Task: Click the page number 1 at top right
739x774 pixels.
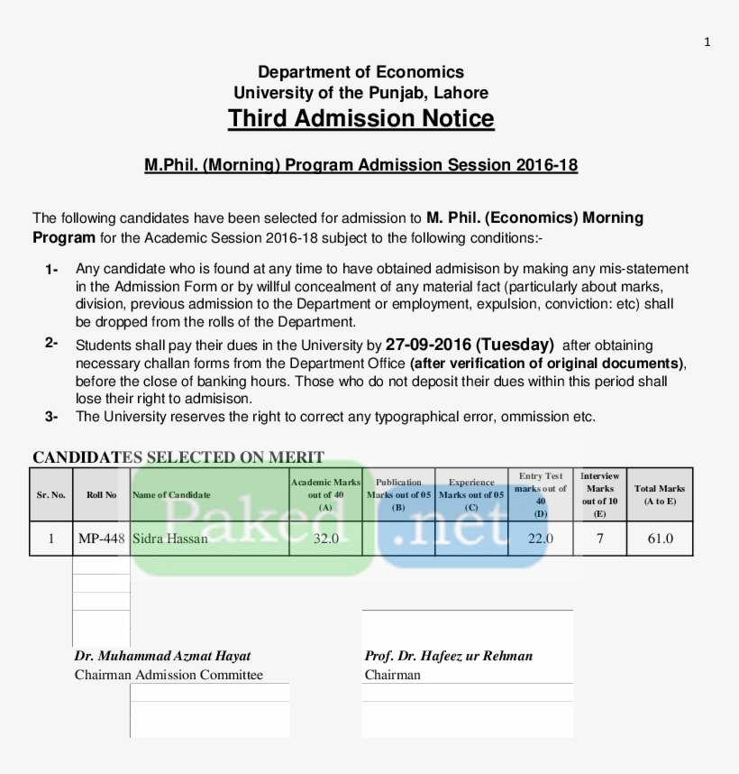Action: tap(707, 41)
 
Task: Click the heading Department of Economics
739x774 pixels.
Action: tap(360, 72)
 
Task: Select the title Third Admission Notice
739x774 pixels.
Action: tap(360, 119)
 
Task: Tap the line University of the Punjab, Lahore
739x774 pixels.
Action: tap(360, 93)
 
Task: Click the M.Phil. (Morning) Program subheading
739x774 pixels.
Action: tap(360, 165)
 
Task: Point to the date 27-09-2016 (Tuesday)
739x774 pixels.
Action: tap(469, 345)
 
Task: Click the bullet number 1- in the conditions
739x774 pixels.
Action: tap(52, 270)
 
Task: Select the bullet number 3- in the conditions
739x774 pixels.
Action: tap(52, 417)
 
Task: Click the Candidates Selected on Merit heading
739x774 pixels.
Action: tap(178, 457)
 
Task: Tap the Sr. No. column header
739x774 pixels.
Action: tap(51, 494)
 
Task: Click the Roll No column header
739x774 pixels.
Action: tap(101, 494)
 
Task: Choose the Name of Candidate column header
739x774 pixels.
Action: tap(172, 494)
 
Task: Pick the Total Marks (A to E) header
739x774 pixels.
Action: tap(660, 494)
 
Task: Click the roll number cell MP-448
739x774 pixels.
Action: tap(101, 539)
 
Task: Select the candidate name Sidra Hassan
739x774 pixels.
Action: tap(170, 539)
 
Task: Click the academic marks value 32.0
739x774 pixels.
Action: tap(325, 539)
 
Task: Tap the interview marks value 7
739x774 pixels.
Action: tap(599, 539)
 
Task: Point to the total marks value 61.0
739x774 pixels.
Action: tap(660, 539)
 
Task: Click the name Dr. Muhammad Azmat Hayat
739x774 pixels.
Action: tap(163, 656)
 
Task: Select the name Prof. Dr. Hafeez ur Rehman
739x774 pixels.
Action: tap(449, 656)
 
